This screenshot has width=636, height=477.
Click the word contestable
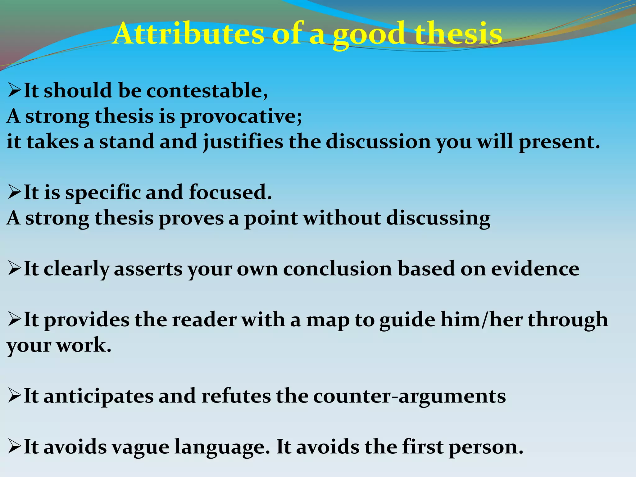pos(206,91)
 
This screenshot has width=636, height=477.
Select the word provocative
pos(240,116)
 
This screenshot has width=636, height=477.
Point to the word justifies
pos(243,142)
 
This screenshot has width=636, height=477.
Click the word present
pos(559,142)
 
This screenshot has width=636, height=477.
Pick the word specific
pos(102,193)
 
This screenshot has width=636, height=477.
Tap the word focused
pos(230,193)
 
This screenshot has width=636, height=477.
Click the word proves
pos(191,218)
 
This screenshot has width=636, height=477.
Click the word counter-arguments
pos(409,396)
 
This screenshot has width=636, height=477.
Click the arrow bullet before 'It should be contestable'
pos(14,91)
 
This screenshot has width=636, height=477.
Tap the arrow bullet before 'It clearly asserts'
pos(14,269)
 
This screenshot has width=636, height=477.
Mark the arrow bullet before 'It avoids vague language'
pos(14,447)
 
